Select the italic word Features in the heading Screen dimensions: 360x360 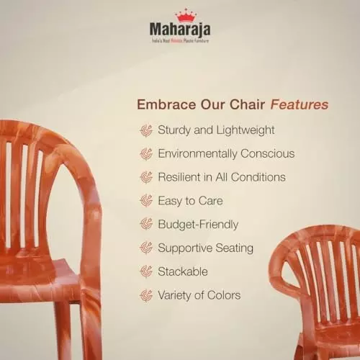pyautogui.click(x=300, y=105)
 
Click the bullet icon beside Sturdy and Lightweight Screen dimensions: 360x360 pyautogui.click(x=146, y=130)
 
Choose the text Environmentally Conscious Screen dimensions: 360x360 pyautogui.click(x=226, y=153)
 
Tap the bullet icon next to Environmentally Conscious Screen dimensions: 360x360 pyautogui.click(x=146, y=153)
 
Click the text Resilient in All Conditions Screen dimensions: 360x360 pyautogui.click(x=222, y=177)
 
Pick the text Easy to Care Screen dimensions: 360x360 pyautogui.click(x=190, y=201)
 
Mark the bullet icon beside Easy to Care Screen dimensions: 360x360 pyautogui.click(x=146, y=201)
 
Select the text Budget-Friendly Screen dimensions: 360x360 pyautogui.click(x=198, y=225)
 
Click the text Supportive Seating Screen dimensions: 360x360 pyautogui.click(x=205, y=248)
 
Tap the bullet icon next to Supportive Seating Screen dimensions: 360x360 pyautogui.click(x=146, y=248)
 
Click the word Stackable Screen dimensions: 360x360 pyautogui.click(x=183, y=272)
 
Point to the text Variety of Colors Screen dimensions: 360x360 pyautogui.click(x=199, y=295)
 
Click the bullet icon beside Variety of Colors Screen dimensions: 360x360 pyautogui.click(x=146, y=295)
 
